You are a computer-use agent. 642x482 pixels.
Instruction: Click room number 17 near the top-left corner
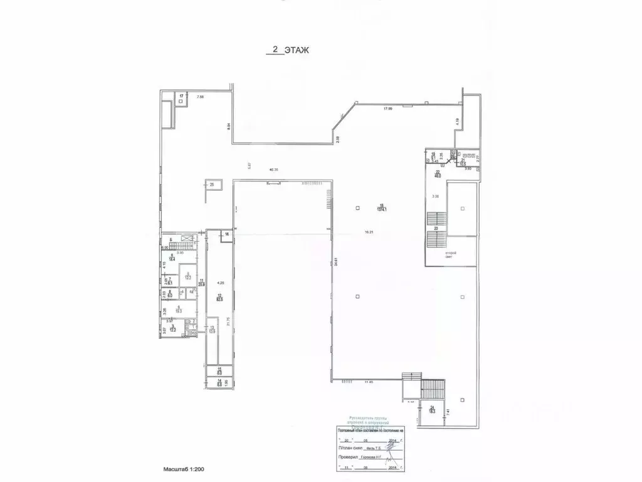click(x=182, y=96)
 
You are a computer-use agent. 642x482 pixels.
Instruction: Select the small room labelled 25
click(x=212, y=185)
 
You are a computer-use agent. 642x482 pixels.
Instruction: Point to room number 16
click(x=227, y=234)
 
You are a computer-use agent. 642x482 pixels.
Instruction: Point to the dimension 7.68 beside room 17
click(x=201, y=97)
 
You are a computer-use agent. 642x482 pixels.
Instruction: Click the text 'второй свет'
click(x=451, y=255)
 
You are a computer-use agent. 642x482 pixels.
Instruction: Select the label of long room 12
click(x=220, y=297)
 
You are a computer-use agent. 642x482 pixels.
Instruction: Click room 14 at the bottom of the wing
click(x=219, y=372)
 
